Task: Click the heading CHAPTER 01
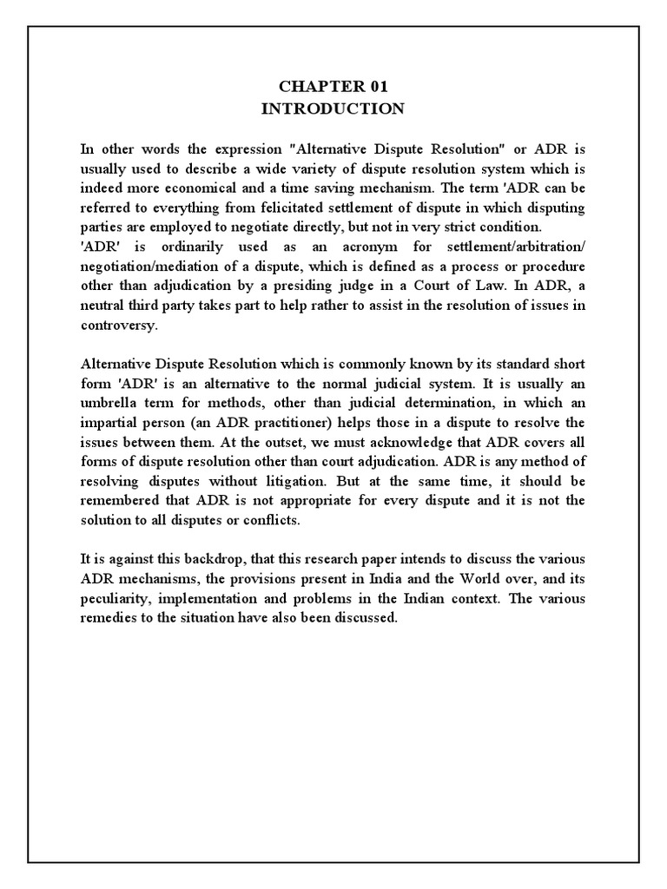333,87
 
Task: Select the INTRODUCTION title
333,109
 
